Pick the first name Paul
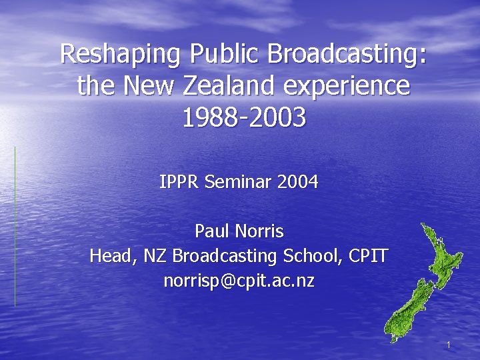[211, 231]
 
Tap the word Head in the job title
[109, 256]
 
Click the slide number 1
[449, 345]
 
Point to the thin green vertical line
[15, 227]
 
